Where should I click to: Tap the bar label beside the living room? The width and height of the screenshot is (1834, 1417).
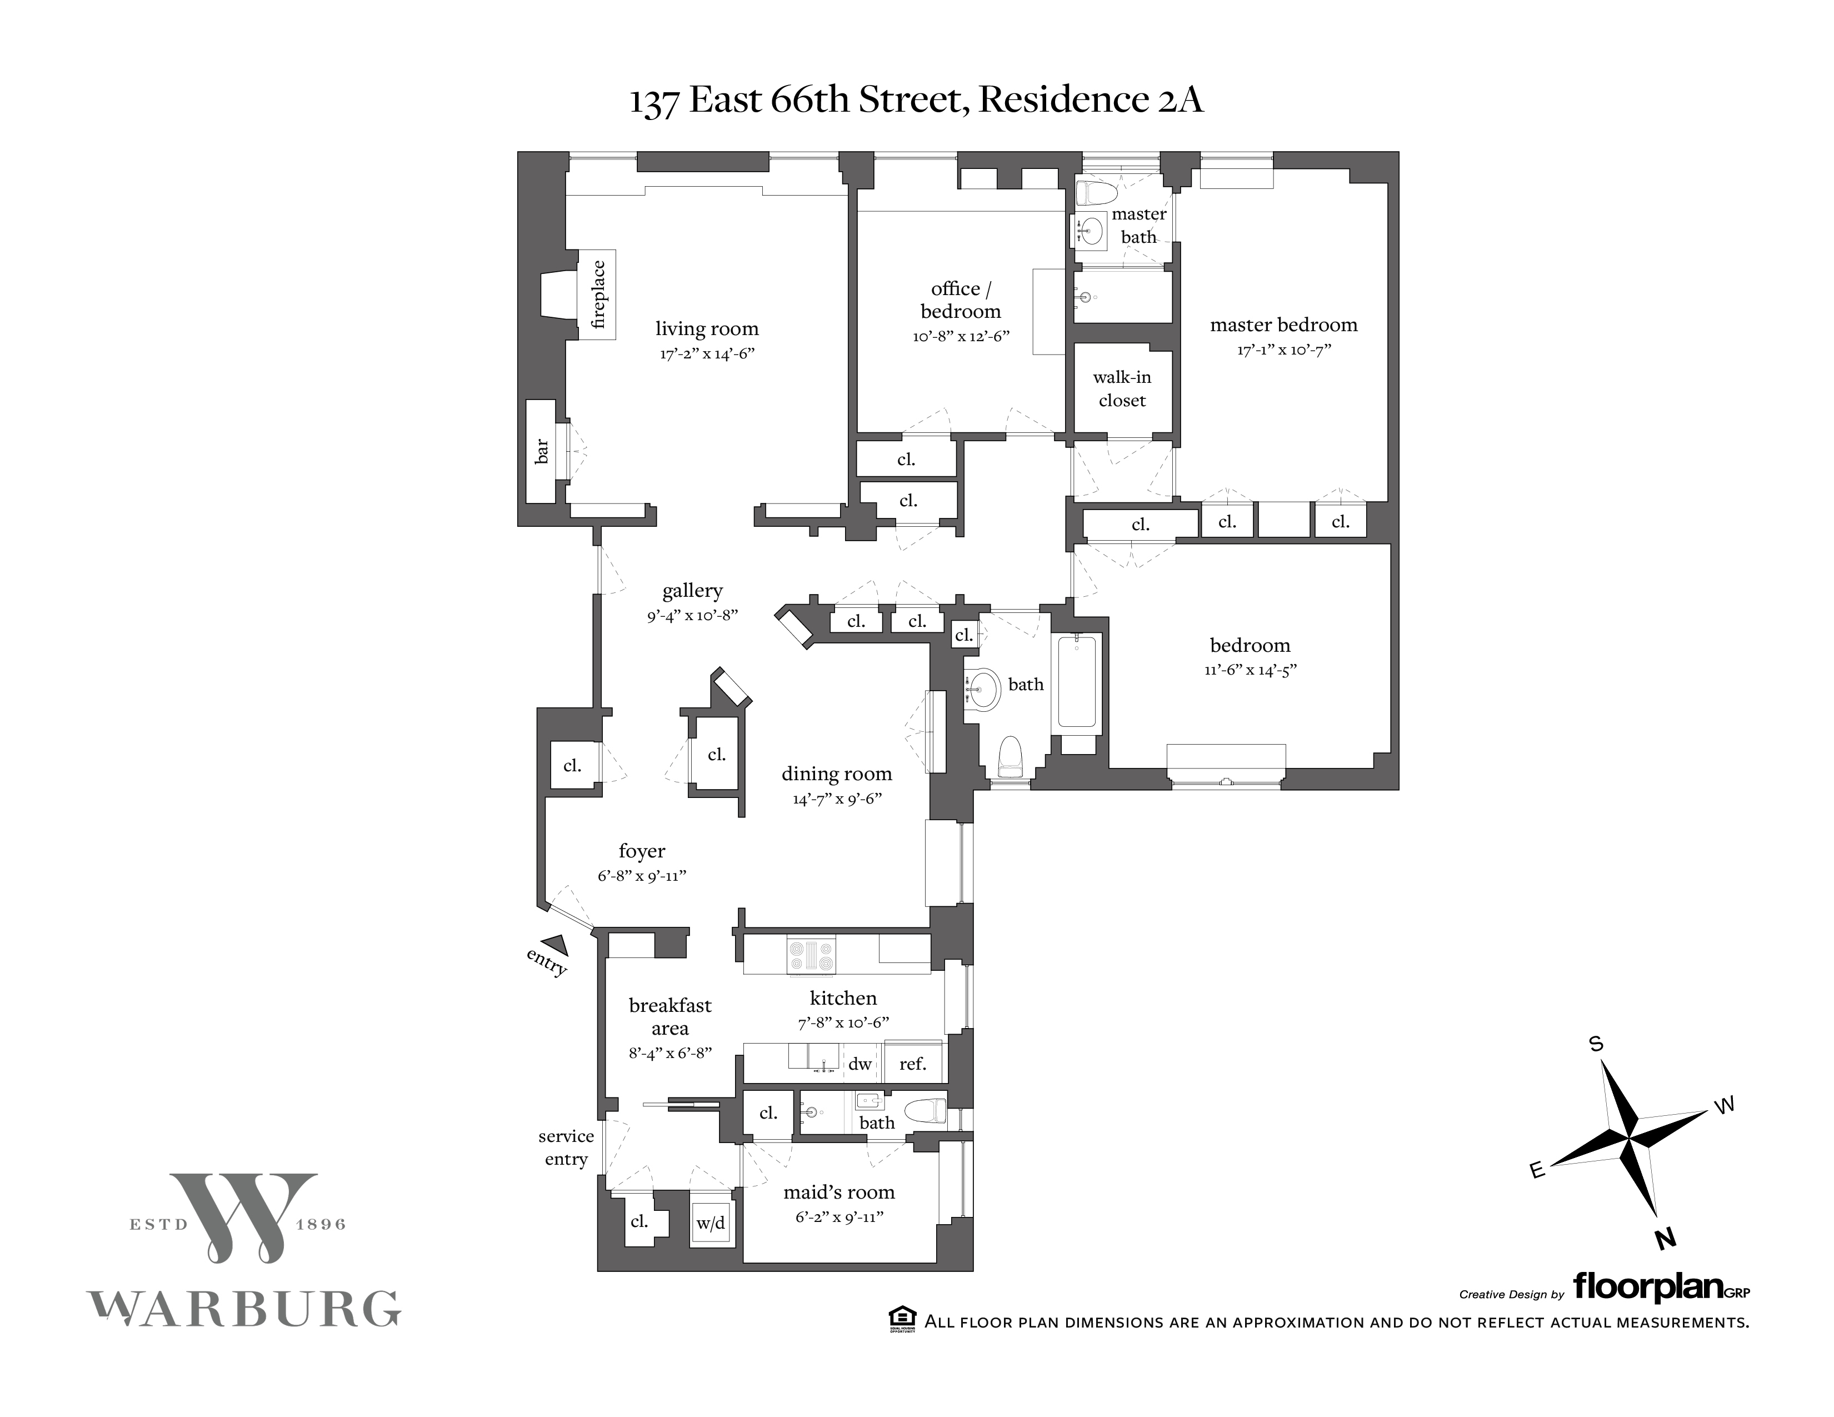point(542,451)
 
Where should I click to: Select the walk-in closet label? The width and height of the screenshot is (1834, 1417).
point(1122,389)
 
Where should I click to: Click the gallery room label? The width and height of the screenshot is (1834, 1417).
point(692,591)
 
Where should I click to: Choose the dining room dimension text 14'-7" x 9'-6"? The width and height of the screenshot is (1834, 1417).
point(836,799)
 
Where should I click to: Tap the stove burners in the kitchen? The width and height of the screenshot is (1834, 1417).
point(811,956)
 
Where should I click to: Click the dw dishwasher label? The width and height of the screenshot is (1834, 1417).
point(860,1064)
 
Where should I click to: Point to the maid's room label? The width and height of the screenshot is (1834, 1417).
point(839,1192)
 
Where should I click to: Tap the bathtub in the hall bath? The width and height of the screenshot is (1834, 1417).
point(1077,681)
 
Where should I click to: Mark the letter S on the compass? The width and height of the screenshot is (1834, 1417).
point(1596,1044)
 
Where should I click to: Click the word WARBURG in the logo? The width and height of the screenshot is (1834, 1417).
point(243,1308)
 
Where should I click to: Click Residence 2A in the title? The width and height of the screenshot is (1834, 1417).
point(1091,100)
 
